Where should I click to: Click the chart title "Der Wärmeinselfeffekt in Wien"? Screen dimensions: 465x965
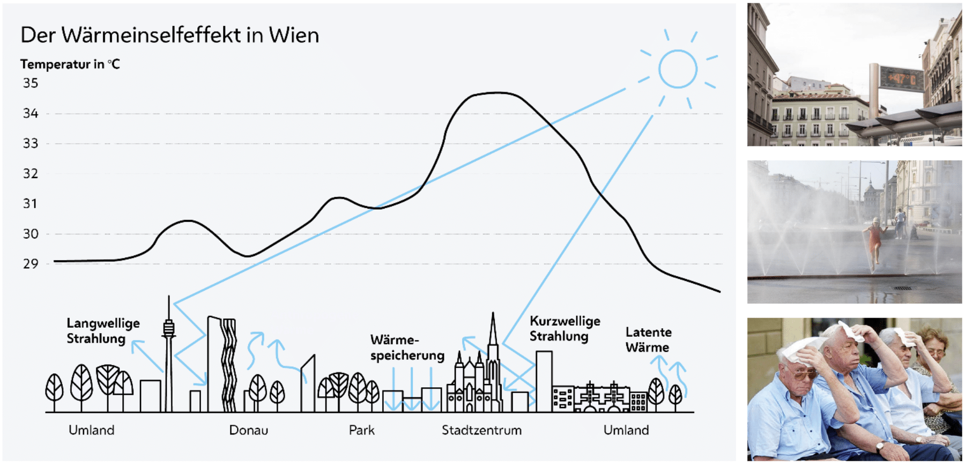[x=169, y=35]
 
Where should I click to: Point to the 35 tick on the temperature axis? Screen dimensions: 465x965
[x=31, y=83]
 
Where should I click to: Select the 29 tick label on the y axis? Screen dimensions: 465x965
[x=31, y=264]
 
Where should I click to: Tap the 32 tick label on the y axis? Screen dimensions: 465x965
[x=31, y=174]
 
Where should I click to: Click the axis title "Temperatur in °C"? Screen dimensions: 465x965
[x=70, y=64]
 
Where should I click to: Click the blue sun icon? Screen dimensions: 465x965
[x=678, y=69]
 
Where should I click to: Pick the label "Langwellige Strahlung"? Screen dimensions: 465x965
[x=102, y=331]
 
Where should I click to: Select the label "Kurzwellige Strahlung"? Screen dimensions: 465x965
[x=565, y=329]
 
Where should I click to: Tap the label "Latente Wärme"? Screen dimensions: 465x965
[x=648, y=339]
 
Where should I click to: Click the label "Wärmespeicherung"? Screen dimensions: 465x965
[x=407, y=348]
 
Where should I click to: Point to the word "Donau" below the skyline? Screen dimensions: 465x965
[x=248, y=430]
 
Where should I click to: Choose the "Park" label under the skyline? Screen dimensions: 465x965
[x=362, y=430]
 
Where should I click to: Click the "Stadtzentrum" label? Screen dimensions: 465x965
[x=481, y=430]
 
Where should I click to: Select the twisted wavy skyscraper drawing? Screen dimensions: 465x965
[x=229, y=365]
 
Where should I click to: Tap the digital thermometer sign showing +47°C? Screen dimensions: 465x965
[x=901, y=79]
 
